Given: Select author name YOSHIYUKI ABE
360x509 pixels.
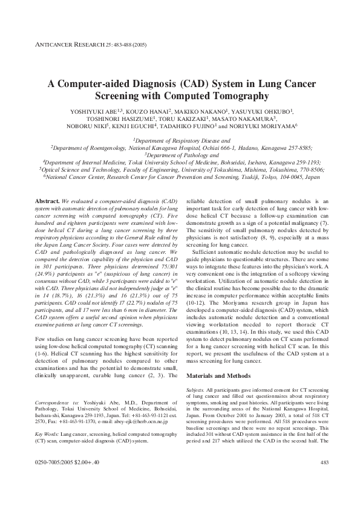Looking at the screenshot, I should pyautogui.click(x=88, y=112).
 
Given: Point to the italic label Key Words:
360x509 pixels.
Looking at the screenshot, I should pyautogui.click(x=47, y=434).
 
